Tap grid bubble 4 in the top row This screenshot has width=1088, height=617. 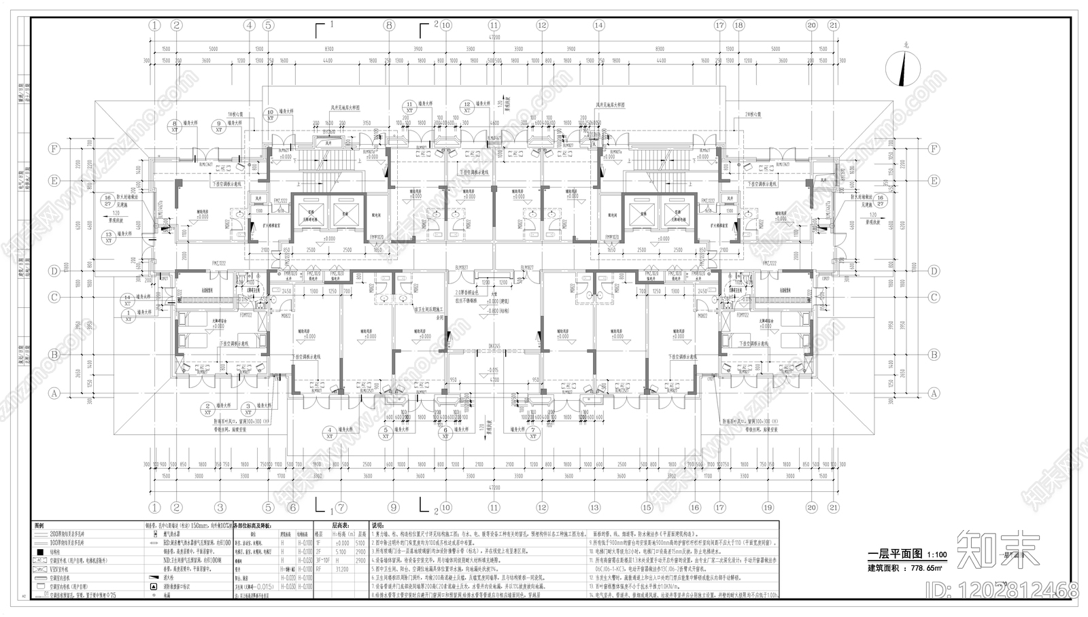pyautogui.click(x=250, y=25)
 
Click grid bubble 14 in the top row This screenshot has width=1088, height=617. pyautogui.click(x=598, y=25)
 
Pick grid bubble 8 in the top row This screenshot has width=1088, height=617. pyautogui.click(x=389, y=25)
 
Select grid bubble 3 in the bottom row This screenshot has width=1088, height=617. pyautogui.click(x=220, y=508)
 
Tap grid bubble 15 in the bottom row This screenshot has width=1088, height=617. pyautogui.click(x=646, y=508)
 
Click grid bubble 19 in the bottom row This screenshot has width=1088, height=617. pyautogui.click(x=768, y=508)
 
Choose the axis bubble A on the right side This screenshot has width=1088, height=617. pyautogui.click(x=934, y=393)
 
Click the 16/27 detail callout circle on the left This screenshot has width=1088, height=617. pyautogui.click(x=107, y=200)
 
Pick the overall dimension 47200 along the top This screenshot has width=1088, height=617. pyautogui.click(x=494, y=38)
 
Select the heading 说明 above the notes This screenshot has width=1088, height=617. pyautogui.click(x=377, y=526)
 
